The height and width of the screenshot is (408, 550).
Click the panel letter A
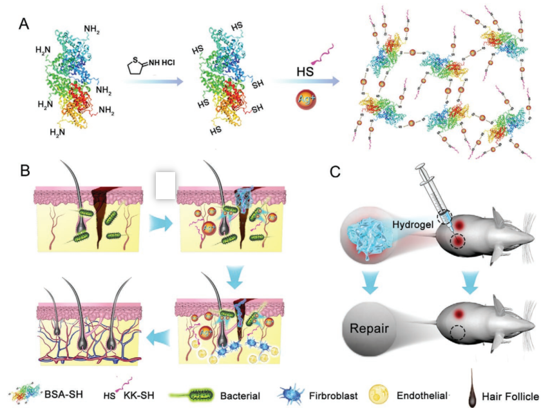click(24, 24)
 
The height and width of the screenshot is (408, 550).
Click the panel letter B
click(25, 171)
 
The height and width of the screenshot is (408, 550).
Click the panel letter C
click(336, 171)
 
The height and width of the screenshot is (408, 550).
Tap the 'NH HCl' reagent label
click(162, 63)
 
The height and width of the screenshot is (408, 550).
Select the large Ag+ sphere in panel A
click(306, 99)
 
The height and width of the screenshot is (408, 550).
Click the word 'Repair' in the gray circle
click(370, 328)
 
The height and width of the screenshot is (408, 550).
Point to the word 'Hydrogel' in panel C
click(413, 224)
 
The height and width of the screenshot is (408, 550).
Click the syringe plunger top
click(420, 166)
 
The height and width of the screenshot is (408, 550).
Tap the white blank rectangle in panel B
click(166, 186)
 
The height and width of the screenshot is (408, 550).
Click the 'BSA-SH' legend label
click(64, 394)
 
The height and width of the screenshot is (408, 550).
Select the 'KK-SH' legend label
click(139, 395)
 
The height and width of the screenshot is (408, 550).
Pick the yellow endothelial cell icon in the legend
click(379, 394)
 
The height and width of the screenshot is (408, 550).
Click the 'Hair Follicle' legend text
click(510, 397)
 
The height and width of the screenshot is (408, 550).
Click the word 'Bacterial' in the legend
click(240, 396)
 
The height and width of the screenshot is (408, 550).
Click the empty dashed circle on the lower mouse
click(458, 332)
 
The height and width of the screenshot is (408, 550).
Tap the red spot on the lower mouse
click(458, 314)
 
